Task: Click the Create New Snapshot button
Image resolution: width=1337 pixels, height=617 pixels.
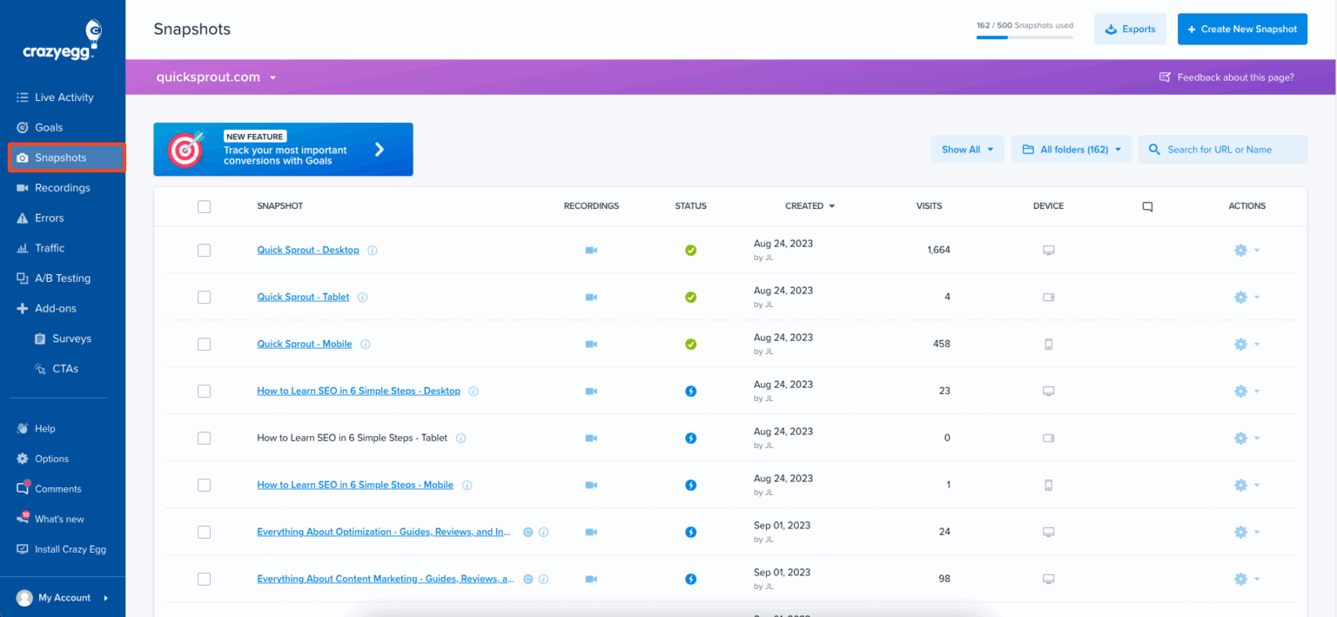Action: tap(1242, 29)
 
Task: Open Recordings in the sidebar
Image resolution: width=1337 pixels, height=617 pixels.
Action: tap(62, 188)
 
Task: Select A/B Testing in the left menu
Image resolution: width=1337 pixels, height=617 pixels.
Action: tap(62, 278)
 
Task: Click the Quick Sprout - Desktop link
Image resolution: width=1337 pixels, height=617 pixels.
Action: tap(307, 250)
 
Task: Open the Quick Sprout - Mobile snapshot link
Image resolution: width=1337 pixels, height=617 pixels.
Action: tap(304, 344)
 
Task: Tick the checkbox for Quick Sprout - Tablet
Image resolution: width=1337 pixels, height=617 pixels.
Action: tap(204, 297)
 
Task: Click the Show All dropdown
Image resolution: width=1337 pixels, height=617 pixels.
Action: tap(967, 150)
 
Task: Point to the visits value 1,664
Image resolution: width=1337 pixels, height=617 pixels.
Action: tap(938, 250)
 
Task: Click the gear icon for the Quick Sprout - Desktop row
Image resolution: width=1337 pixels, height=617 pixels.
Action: tap(1240, 250)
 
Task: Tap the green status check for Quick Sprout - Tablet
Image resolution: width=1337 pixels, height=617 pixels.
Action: tap(690, 297)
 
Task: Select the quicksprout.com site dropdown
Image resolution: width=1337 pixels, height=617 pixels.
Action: tap(216, 77)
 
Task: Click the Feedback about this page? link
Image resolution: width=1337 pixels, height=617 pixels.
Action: tap(1226, 77)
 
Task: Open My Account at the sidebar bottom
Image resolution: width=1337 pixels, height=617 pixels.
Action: tap(64, 598)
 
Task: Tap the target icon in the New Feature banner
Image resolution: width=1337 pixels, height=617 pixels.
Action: tap(185, 150)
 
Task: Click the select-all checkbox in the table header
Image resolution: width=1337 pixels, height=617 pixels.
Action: tap(204, 206)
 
